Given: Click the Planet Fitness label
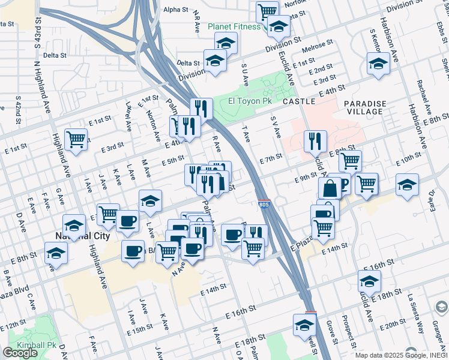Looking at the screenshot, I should tap(234, 26).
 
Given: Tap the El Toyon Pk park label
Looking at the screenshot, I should tap(250, 101).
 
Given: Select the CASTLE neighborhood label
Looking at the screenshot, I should tap(298, 102).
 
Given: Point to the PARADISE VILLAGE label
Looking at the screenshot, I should tap(364, 107).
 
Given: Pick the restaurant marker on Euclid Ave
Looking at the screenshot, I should tap(315, 141).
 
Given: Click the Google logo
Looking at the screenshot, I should tap(20, 353).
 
